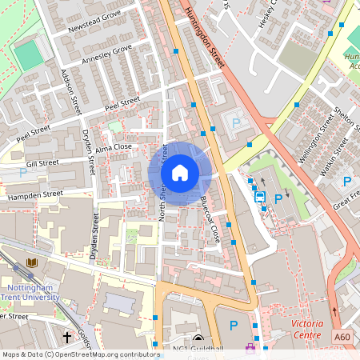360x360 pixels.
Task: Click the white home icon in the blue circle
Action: click(179, 172)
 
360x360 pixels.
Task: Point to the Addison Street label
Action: click(70, 90)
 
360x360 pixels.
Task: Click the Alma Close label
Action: click(113, 148)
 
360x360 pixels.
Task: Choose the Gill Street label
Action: click(42, 163)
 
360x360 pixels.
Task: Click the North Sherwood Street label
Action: click(162, 182)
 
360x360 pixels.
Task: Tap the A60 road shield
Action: click(342, 338)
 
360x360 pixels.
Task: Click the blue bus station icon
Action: click(260, 196)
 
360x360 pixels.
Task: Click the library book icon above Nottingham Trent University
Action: click(32, 263)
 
